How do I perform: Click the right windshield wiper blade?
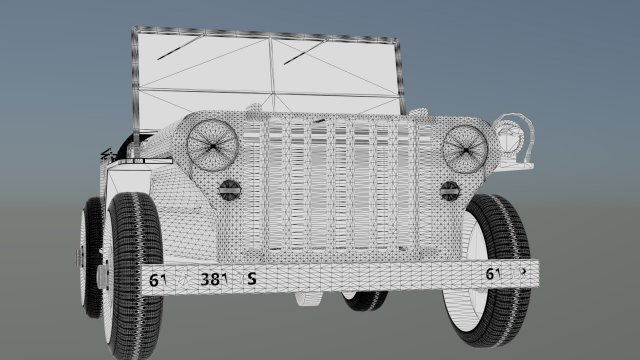(x=307, y=51)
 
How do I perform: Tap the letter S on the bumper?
(x=252, y=279)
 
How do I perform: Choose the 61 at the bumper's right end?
(x=492, y=274)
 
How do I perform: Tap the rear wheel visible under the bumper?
(x=365, y=297)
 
